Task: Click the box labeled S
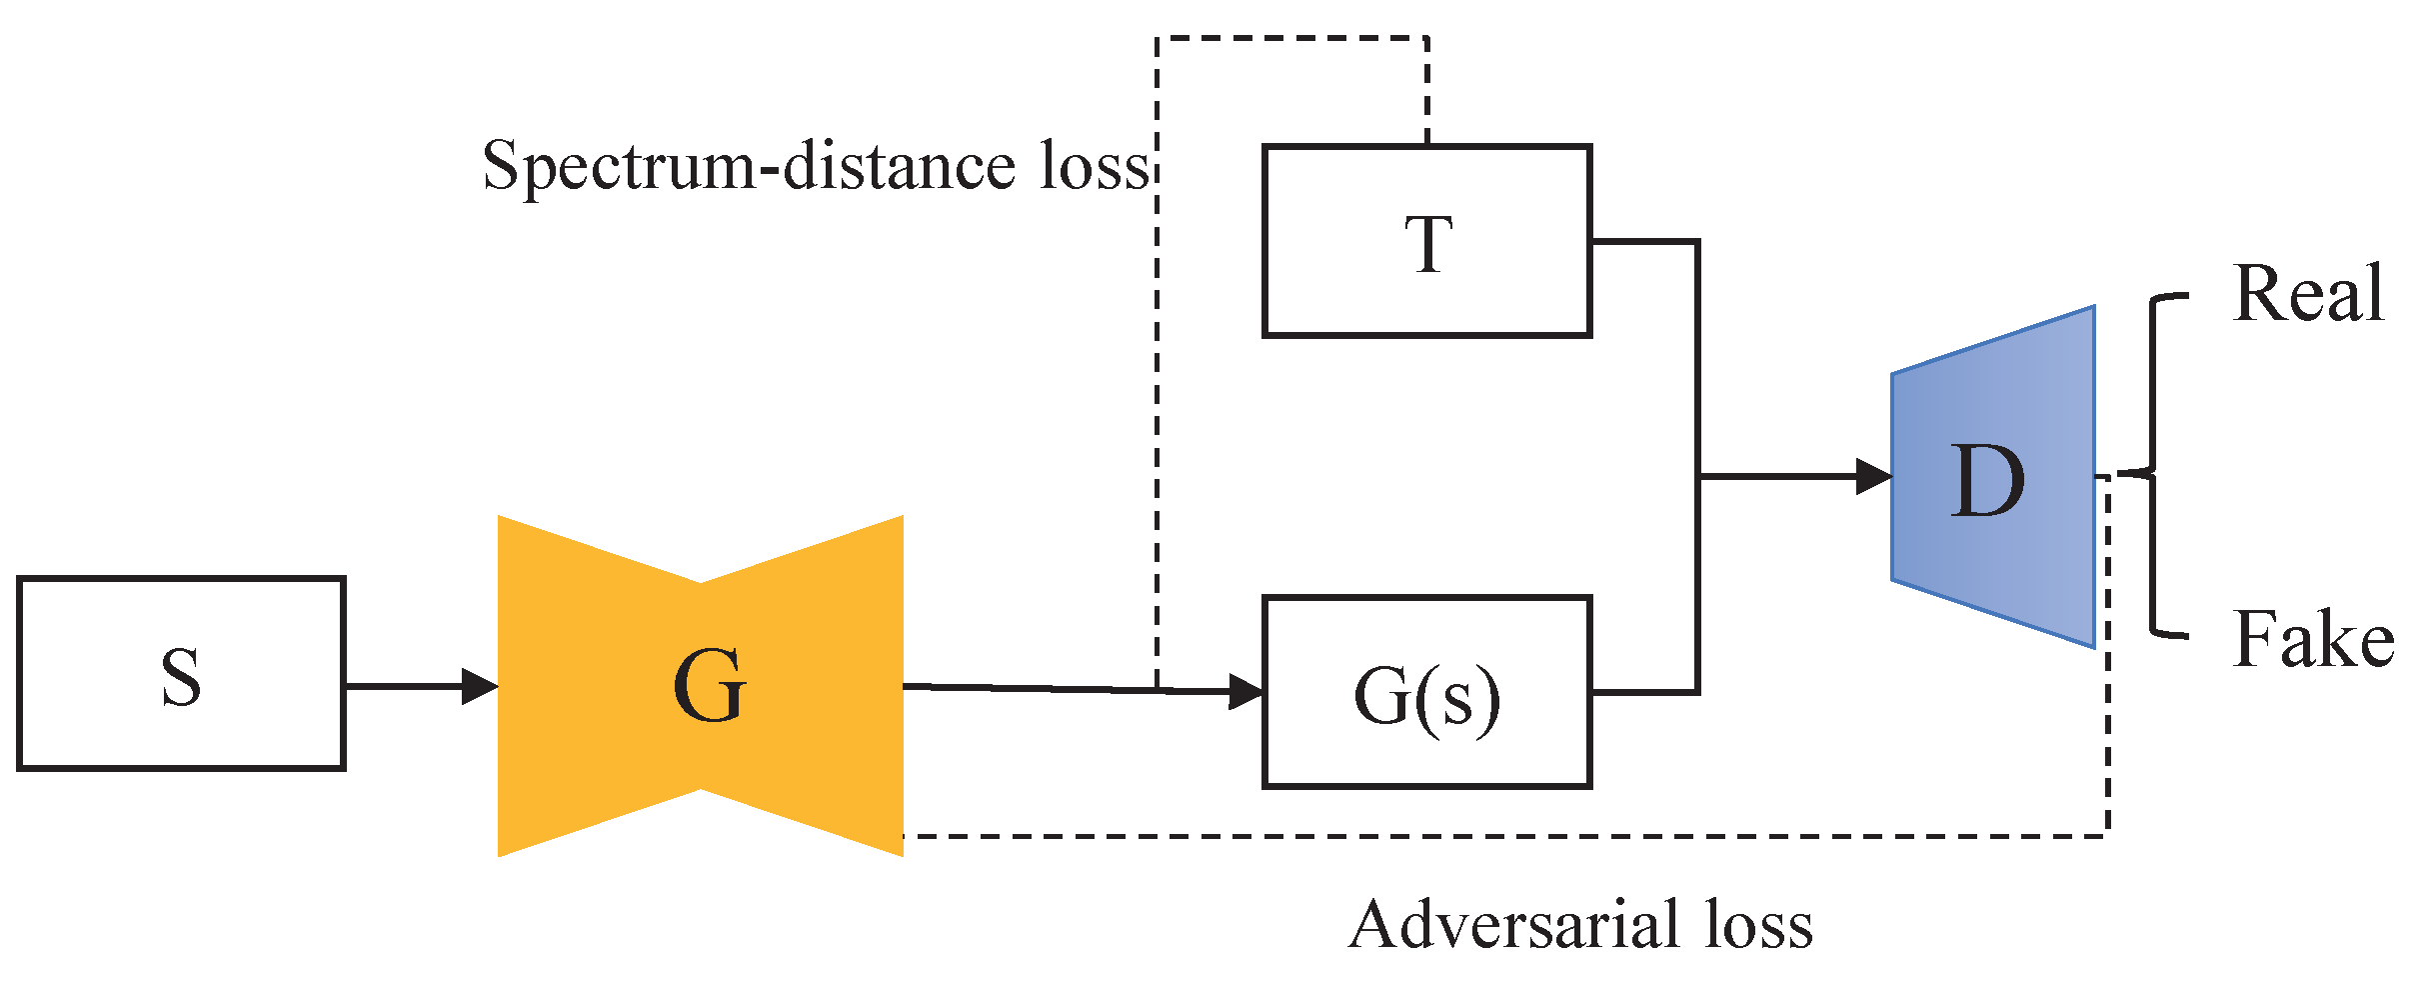pos(181,673)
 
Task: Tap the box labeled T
pos(1426,241)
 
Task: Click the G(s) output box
pos(1426,692)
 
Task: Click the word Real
pos(2308,294)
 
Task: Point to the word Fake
pos(2313,639)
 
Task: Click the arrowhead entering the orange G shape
pos(482,686)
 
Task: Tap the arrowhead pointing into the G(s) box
pos(1247,691)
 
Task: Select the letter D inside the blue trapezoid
pos(1988,482)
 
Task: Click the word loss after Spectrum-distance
pos(1096,166)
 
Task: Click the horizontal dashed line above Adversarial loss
pos(1499,835)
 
